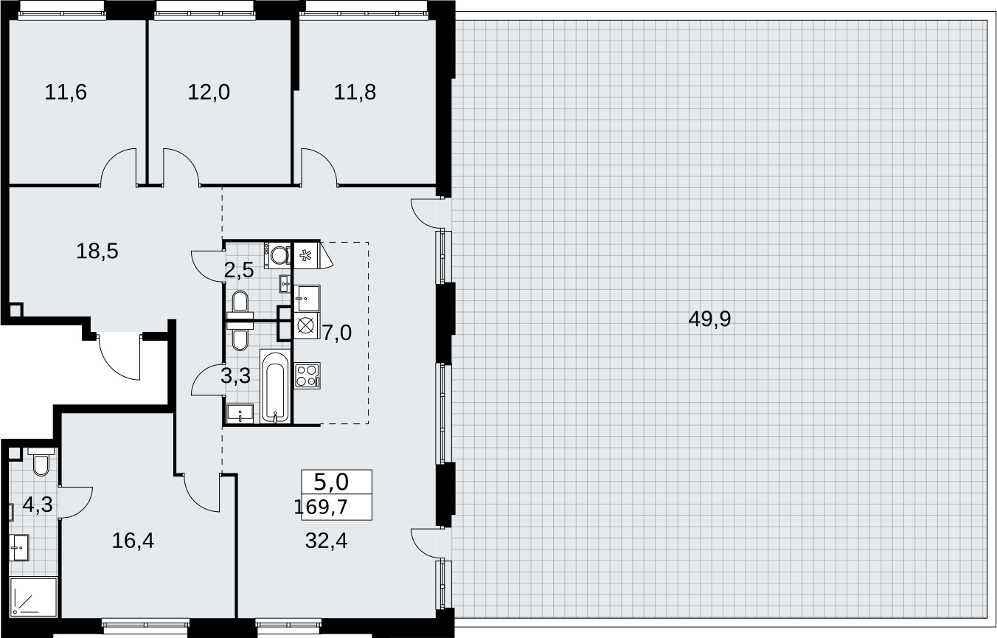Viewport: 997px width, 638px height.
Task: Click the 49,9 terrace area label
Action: tap(709, 319)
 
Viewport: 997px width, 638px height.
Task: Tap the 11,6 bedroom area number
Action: tap(66, 92)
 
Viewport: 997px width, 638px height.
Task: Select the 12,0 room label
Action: tap(209, 92)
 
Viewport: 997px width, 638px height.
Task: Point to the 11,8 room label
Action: tap(355, 92)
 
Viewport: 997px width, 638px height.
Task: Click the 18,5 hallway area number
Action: tap(97, 251)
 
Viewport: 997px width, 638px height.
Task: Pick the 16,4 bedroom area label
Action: tap(133, 541)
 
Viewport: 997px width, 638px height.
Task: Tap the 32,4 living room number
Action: tap(326, 541)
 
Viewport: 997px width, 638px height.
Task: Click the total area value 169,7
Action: tap(321, 507)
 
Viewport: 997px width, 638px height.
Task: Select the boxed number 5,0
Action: tap(331, 482)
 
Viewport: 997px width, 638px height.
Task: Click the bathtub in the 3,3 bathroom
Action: tap(276, 386)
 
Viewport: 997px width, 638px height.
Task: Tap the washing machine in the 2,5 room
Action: tap(278, 255)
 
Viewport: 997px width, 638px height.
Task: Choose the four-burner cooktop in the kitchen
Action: tap(307, 375)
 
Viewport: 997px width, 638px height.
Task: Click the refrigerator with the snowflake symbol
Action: tap(306, 255)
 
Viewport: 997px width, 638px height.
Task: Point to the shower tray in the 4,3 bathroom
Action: tap(33, 597)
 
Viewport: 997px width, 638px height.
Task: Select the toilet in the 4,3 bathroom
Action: tap(41, 462)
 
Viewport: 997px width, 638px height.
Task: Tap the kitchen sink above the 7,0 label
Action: tap(307, 298)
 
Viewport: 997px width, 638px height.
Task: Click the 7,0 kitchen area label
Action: tap(337, 333)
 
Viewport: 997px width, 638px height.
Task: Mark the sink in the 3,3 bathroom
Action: tap(240, 414)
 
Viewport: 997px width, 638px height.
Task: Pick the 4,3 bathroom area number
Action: tap(38, 505)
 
